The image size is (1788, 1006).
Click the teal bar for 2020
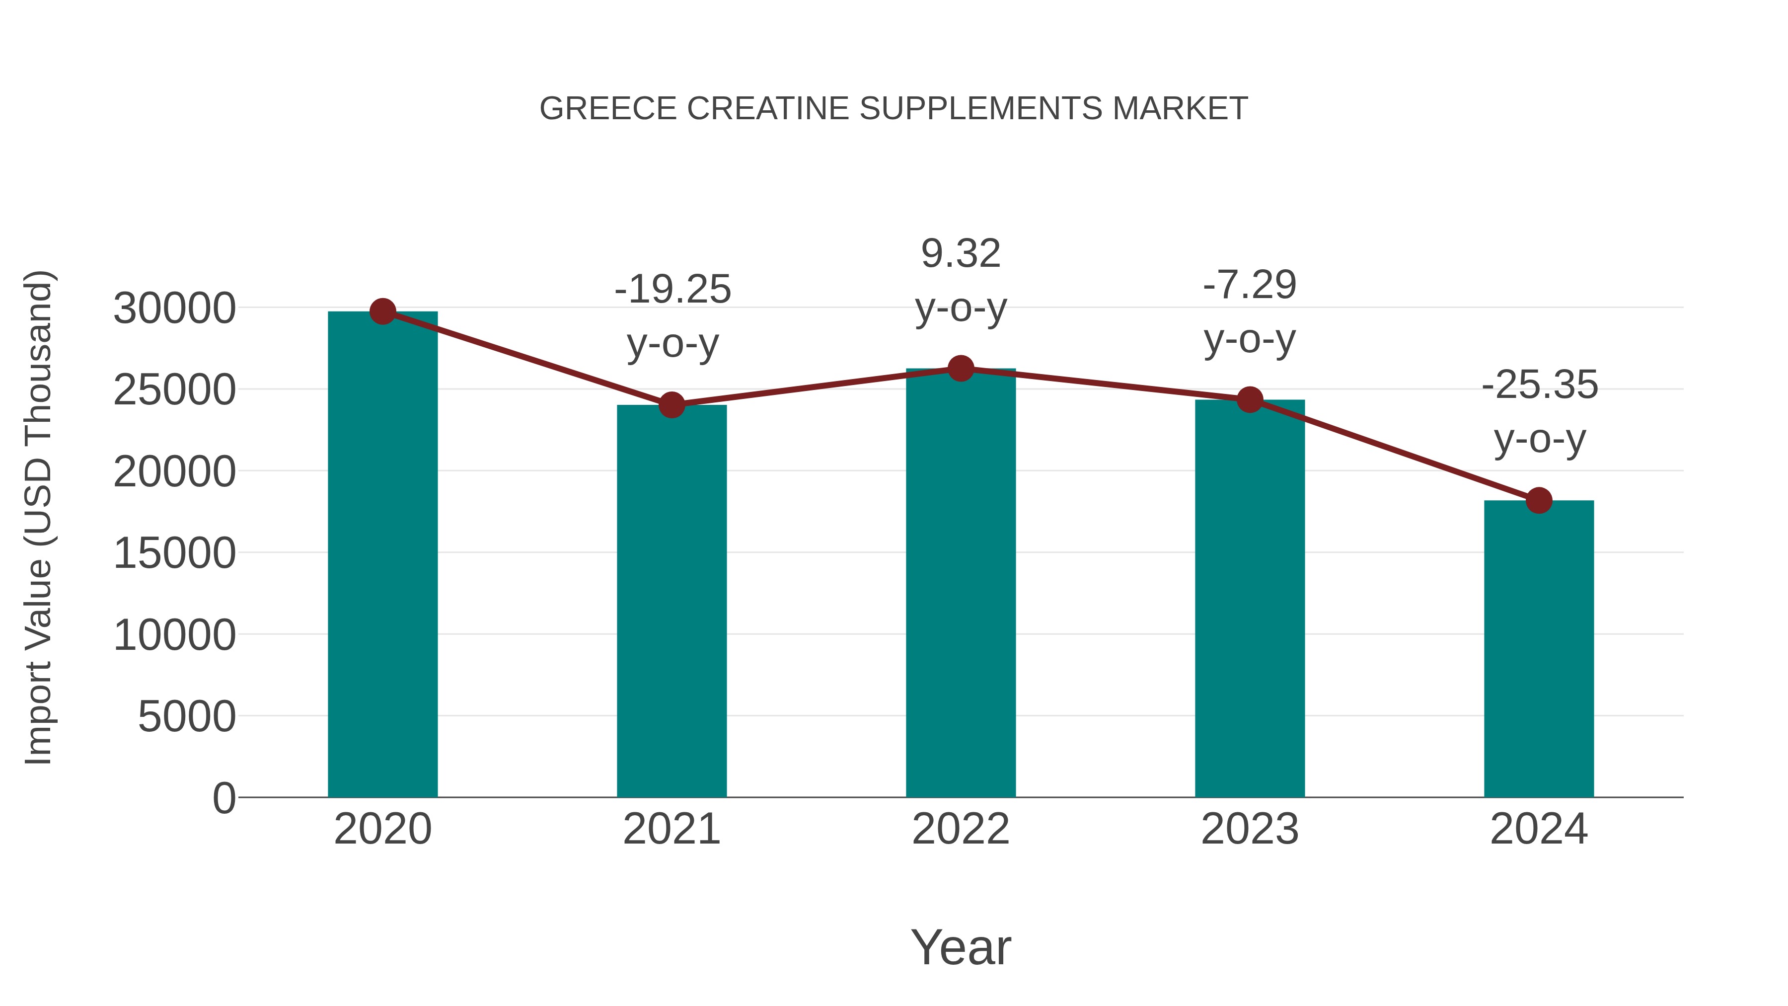coord(382,555)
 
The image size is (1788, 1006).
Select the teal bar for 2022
coord(961,583)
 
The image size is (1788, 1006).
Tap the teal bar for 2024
coord(1539,649)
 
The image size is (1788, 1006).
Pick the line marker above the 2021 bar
coord(672,405)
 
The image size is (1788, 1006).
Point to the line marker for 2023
coord(1250,400)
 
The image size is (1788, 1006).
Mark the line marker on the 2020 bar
coord(382,311)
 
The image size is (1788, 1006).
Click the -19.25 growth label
coord(672,290)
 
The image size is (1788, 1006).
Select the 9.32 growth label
coord(961,253)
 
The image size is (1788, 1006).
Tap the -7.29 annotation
coord(1250,285)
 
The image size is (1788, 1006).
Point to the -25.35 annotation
coord(1540,386)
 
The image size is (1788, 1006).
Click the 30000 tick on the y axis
coord(174,308)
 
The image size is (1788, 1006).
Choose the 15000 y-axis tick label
coord(174,553)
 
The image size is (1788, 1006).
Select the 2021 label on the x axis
coord(672,829)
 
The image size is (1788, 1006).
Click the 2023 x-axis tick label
coord(1250,829)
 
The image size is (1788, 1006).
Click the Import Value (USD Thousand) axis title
coord(39,517)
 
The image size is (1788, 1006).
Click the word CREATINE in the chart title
coord(768,109)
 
